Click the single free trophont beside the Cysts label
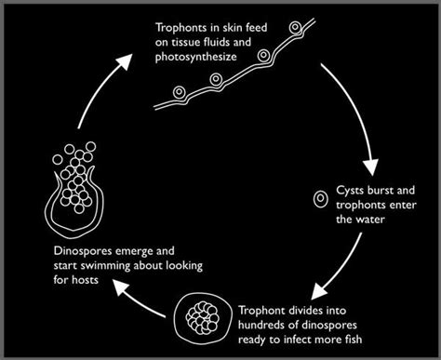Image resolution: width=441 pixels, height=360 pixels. pos(319,198)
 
